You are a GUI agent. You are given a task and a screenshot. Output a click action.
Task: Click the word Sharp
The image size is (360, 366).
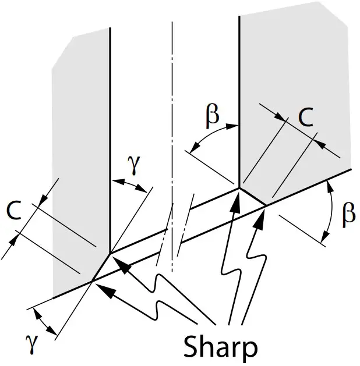point(220,347)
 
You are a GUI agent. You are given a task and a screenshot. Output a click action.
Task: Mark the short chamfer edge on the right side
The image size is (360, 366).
point(253,197)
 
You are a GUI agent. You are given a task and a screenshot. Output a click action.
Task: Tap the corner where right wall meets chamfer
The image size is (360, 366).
point(239,188)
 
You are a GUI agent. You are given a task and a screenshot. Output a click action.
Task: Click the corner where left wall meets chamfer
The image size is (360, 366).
point(110,253)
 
